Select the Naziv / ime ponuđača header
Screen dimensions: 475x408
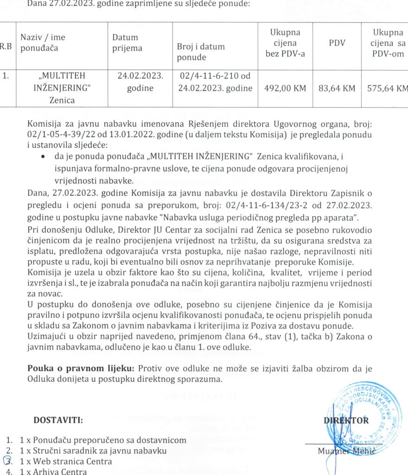pyautogui.click(x=42, y=42)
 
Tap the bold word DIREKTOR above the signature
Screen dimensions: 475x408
pyautogui.click(x=346, y=421)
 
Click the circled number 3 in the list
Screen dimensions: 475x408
pyautogui.click(x=7, y=461)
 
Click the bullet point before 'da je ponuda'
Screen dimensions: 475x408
pyautogui.click(x=43, y=158)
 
